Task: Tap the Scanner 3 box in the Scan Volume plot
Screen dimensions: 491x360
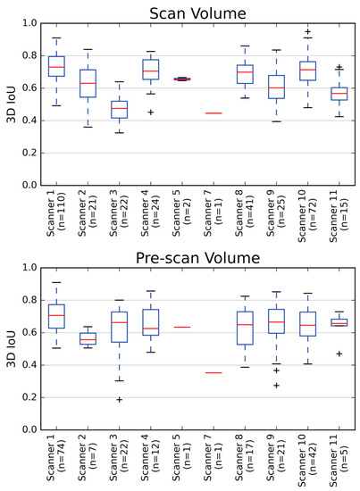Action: click(118, 109)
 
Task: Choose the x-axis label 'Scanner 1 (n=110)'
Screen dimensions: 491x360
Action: click(57, 216)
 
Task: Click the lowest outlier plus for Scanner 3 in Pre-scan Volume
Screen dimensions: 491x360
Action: click(118, 399)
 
